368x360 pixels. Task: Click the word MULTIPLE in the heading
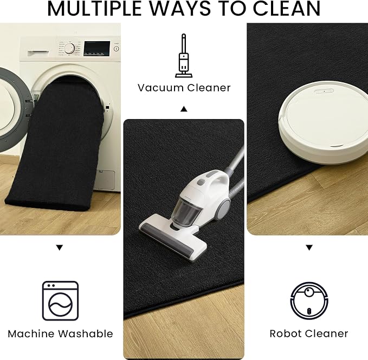click(x=94, y=9)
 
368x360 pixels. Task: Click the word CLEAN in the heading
click(x=286, y=9)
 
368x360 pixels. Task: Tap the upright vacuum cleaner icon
click(x=184, y=56)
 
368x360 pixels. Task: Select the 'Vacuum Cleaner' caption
click(x=184, y=88)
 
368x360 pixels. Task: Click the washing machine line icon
click(x=60, y=300)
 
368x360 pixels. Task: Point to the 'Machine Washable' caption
click(x=60, y=334)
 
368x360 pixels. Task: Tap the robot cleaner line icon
click(x=309, y=300)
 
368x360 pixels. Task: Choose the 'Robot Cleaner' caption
click(x=309, y=334)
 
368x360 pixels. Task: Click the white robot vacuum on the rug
click(x=324, y=122)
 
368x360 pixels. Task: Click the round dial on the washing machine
click(x=69, y=49)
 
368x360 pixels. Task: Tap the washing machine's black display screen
click(x=97, y=49)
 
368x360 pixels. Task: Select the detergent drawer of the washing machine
click(x=38, y=54)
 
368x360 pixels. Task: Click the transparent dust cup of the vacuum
click(x=185, y=212)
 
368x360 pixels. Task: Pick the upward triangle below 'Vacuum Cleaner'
click(x=184, y=109)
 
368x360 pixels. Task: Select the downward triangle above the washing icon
click(x=60, y=247)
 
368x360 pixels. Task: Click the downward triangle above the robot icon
click(x=309, y=247)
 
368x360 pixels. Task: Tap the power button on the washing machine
click(x=116, y=49)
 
